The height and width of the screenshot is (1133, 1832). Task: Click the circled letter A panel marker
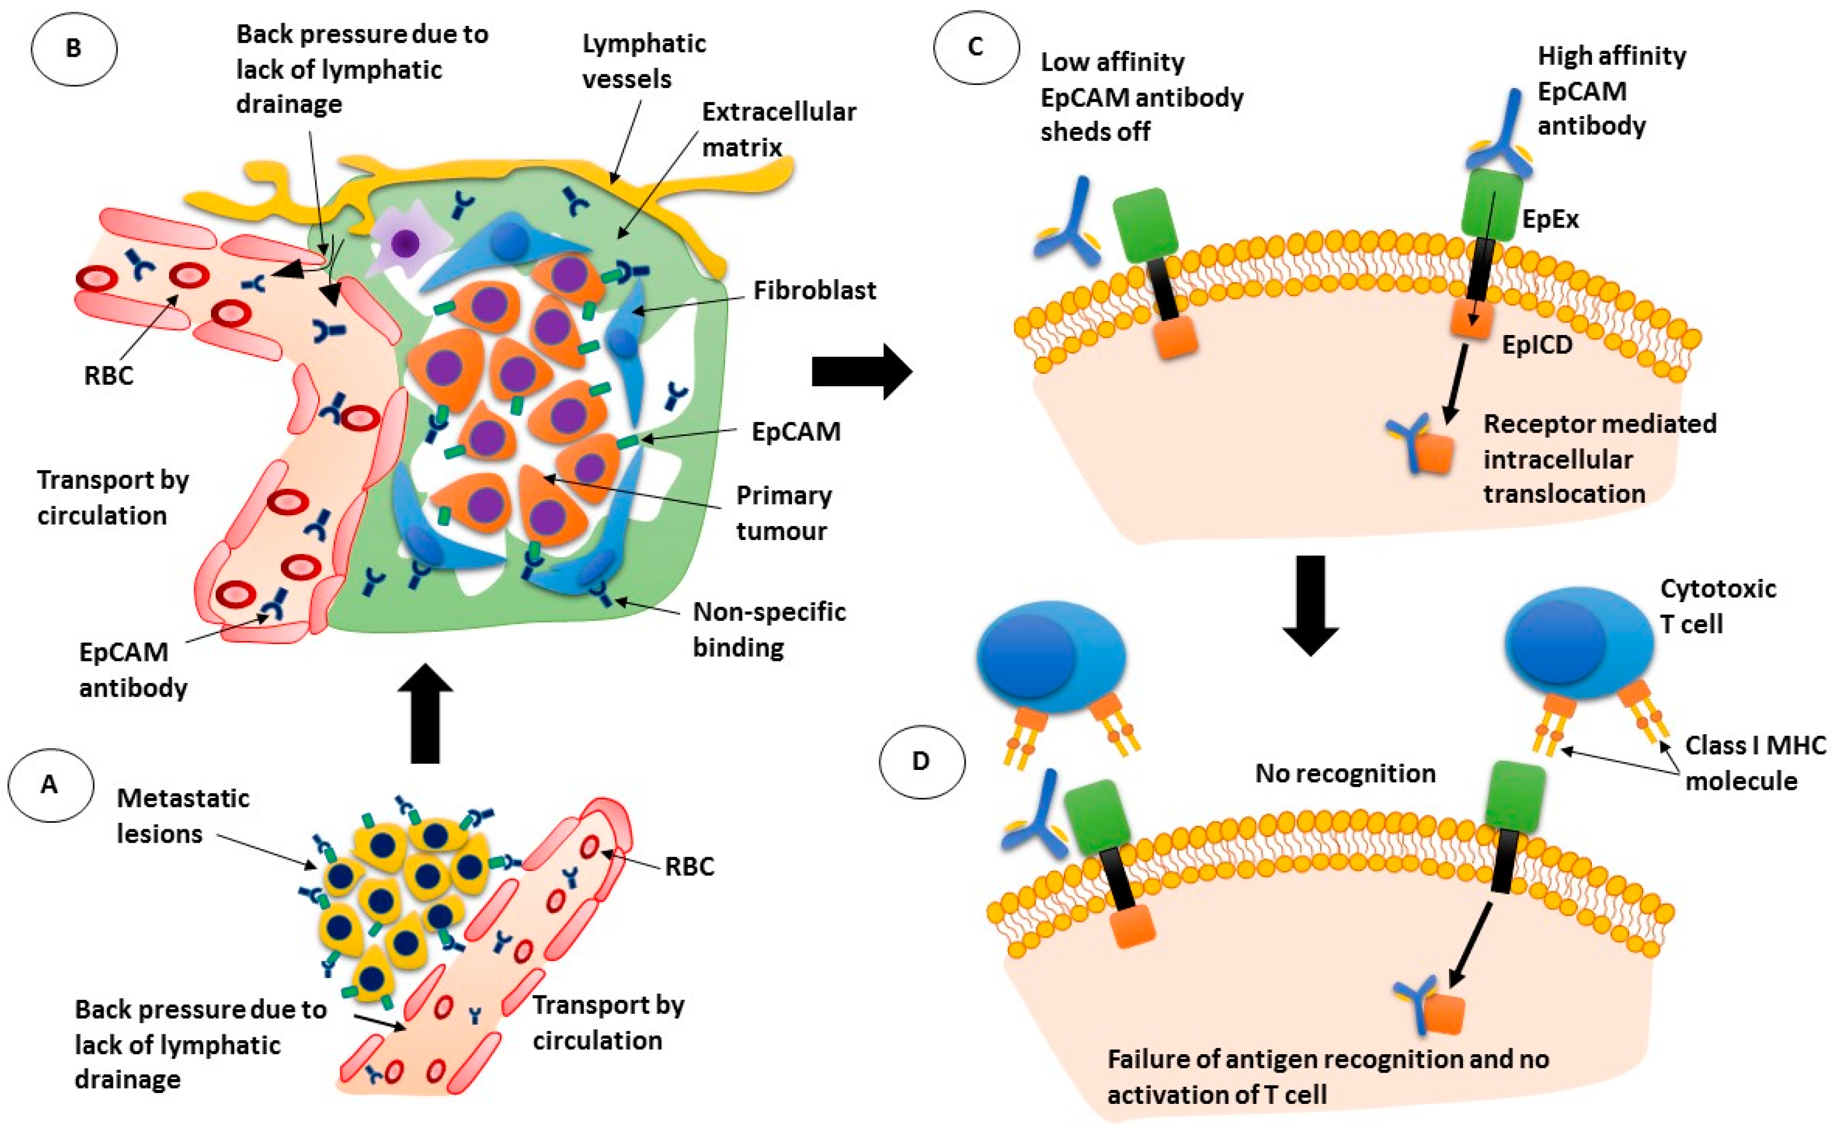pos(50,784)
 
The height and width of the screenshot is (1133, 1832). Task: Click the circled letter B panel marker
pos(73,49)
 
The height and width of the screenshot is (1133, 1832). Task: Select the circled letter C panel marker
pos(975,46)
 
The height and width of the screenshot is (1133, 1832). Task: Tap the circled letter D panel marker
pos(921,761)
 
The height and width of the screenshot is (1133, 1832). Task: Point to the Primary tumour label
pos(783,513)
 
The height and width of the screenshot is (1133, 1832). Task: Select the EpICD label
pos(1537,345)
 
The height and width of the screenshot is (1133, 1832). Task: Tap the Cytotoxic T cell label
pos(1717,606)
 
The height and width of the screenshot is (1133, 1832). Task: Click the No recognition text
pos(1345,773)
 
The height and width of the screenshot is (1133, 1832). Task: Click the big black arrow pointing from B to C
pos(862,371)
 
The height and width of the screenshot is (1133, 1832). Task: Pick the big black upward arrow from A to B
pos(425,713)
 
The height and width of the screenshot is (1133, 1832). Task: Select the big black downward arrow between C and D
pos(1310,605)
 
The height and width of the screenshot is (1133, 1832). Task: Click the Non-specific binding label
pos(769,630)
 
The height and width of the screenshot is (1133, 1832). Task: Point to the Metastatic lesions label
pos(183,816)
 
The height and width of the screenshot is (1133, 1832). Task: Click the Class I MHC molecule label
pos(1755,763)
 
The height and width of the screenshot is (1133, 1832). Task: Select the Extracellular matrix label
pos(778,129)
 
